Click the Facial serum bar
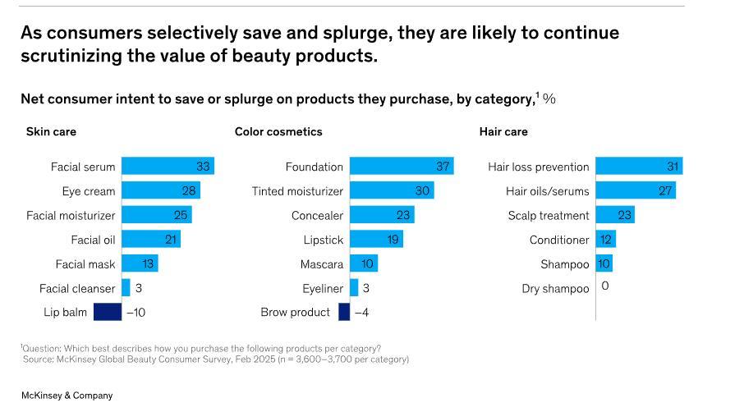[x=168, y=167]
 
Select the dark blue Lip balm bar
[x=108, y=312]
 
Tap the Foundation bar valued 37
[x=402, y=167]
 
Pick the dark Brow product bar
[x=344, y=312]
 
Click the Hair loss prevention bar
[x=639, y=167]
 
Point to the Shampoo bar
[x=604, y=264]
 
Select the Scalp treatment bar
[x=615, y=215]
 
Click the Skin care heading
[x=51, y=131]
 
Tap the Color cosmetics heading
[x=278, y=131]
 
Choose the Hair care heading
[x=503, y=131]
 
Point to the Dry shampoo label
[x=555, y=289]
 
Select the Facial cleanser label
[x=77, y=289]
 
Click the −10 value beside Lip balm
[x=135, y=313]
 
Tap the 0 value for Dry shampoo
[x=605, y=286]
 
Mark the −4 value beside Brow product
[x=361, y=313]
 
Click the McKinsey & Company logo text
[x=67, y=396]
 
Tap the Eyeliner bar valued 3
[x=354, y=288]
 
